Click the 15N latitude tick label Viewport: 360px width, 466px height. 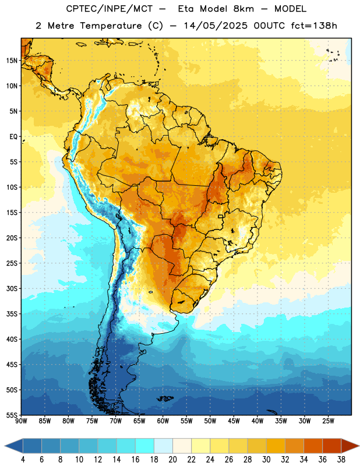12,61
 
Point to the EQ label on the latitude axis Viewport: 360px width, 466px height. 13,137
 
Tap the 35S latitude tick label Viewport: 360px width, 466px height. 12,314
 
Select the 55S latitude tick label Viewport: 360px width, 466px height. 12,415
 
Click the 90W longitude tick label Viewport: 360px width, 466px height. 21,421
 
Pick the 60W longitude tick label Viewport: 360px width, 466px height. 163,421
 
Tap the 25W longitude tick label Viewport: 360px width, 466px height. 328,421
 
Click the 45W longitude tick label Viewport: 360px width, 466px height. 234,421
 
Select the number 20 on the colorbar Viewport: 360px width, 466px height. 172,460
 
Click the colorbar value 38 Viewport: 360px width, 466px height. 341,460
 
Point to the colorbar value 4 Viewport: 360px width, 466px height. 23,460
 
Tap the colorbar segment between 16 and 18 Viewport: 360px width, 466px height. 144,446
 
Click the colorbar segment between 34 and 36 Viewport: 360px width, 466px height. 313,446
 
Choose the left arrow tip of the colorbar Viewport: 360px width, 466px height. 5,446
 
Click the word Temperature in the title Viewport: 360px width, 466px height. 111,26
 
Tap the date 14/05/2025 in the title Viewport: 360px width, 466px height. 215,26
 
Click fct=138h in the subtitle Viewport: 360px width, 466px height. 314,26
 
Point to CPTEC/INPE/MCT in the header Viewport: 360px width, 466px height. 109,9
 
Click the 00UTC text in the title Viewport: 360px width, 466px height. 269,26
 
